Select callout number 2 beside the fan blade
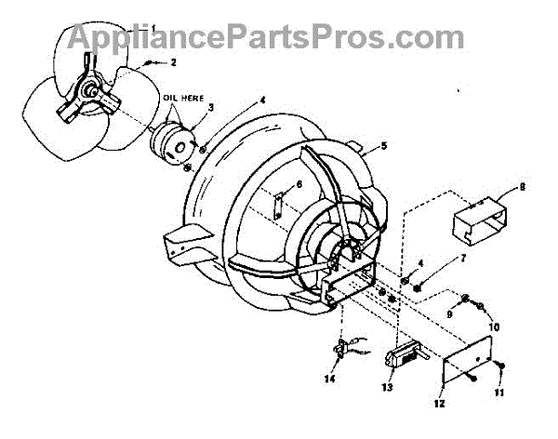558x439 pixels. coord(172,62)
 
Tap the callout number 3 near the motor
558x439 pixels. coord(210,108)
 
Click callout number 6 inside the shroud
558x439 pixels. coord(286,186)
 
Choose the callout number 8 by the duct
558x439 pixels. coord(522,187)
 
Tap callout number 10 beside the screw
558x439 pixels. coord(495,326)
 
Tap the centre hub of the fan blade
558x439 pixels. coord(91,92)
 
